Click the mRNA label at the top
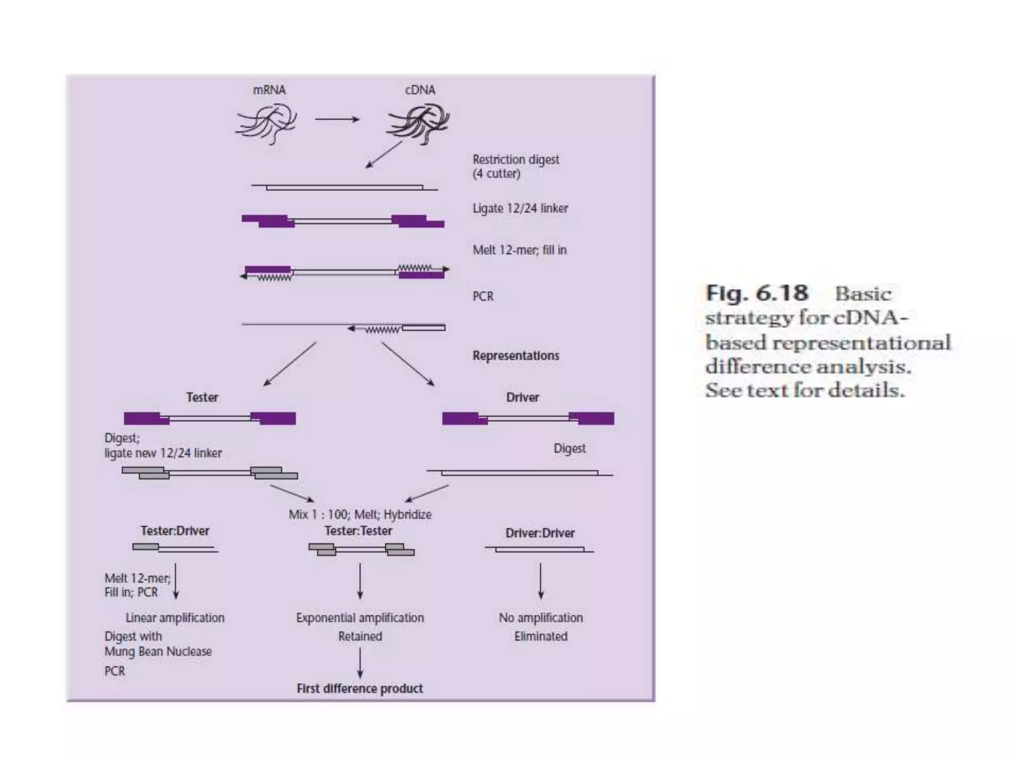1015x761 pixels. pyautogui.click(x=269, y=90)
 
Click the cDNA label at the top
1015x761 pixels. pyautogui.click(x=420, y=90)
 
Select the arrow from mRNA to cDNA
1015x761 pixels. pyautogui.click(x=337, y=119)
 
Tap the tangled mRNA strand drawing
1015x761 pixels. pyautogui.click(x=267, y=123)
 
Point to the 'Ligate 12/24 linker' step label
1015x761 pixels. pyautogui.click(x=520, y=209)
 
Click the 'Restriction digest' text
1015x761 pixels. pyautogui.click(x=515, y=160)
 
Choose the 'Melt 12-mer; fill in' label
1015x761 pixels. pyautogui.click(x=519, y=250)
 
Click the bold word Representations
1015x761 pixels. pyautogui.click(x=515, y=356)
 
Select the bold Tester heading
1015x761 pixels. pyautogui.click(x=202, y=397)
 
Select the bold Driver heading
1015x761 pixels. pyautogui.click(x=522, y=397)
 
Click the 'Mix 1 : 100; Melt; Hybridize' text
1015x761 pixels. pyautogui.click(x=360, y=514)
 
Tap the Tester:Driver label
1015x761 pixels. pyautogui.click(x=175, y=531)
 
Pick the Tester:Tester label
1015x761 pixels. pyautogui.click(x=358, y=531)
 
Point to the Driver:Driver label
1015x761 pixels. pyautogui.click(x=540, y=533)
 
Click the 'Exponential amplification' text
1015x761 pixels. pyautogui.click(x=360, y=618)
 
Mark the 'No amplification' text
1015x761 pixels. pyautogui.click(x=541, y=618)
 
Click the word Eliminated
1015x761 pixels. pyautogui.click(x=541, y=636)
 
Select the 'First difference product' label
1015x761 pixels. pyautogui.click(x=360, y=689)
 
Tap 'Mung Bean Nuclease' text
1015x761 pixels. pyautogui.click(x=158, y=652)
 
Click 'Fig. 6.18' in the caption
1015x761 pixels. pyautogui.click(x=757, y=293)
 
